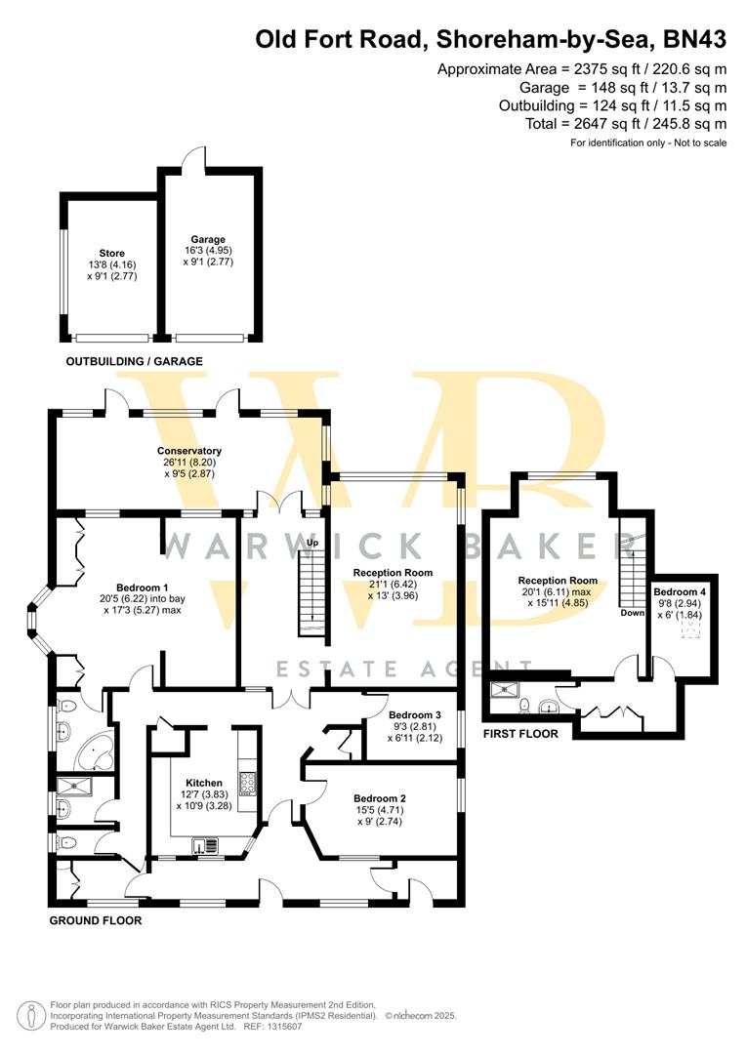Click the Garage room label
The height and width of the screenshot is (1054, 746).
tap(208, 239)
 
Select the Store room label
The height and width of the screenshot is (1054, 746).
tap(112, 254)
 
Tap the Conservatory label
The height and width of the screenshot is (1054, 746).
tap(189, 451)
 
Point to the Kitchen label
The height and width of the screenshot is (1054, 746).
tap(204, 783)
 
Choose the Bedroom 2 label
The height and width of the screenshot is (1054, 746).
tap(380, 798)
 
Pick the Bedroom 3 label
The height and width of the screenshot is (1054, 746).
tap(414, 714)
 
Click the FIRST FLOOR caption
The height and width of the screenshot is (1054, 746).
tap(521, 733)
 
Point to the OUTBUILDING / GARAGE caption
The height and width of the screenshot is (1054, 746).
tap(134, 362)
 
